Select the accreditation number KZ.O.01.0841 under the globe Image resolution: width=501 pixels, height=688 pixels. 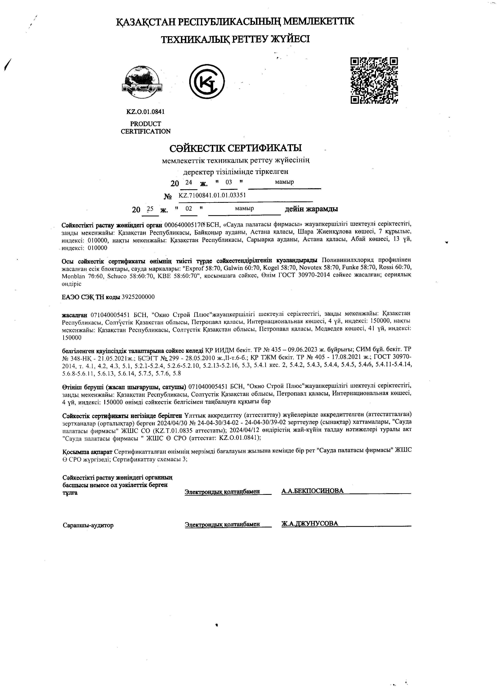(x=146, y=112)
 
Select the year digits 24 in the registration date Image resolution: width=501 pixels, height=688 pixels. (x=189, y=182)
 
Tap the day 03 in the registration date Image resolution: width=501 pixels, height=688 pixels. (x=229, y=182)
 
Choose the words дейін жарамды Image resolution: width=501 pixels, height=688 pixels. (x=311, y=209)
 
